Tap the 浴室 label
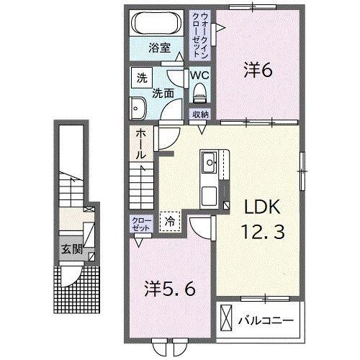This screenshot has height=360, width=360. pyautogui.click(x=159, y=48)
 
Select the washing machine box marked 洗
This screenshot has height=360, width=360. pyautogui.click(x=142, y=78)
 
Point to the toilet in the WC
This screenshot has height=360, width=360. pyautogui.click(x=199, y=93)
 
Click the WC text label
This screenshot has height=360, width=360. pyautogui.click(x=199, y=76)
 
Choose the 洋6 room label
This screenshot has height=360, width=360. pyautogui.click(x=258, y=71)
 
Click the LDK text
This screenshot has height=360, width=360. pyautogui.click(x=262, y=207)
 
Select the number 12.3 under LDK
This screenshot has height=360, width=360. pyautogui.click(x=264, y=231)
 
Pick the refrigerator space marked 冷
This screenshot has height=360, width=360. pyautogui.click(x=170, y=222)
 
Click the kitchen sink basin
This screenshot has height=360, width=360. pyautogui.click(x=210, y=163)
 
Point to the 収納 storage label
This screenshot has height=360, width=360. pyautogui.click(x=199, y=114)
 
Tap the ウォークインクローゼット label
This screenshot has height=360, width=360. pyautogui.click(x=200, y=35)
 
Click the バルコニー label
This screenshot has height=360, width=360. pyautogui.click(x=266, y=320)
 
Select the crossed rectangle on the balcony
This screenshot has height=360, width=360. pyautogui.click(x=226, y=318)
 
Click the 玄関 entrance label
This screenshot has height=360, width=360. pyautogui.click(x=72, y=249)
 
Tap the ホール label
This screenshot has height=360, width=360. pyautogui.click(x=141, y=145)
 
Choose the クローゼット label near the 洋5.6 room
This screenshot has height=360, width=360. pyautogui.click(x=142, y=225)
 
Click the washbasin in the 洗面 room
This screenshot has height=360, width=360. pyautogui.click(x=138, y=108)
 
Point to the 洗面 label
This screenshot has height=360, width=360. pyautogui.click(x=163, y=94)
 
